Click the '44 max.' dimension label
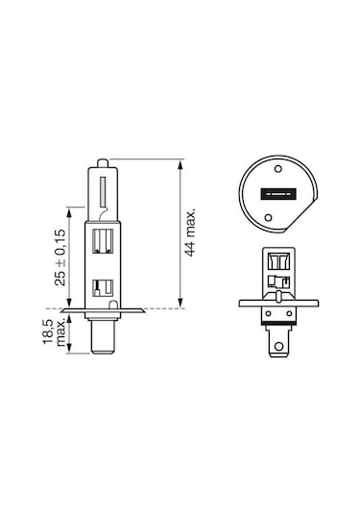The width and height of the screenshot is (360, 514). pos(190,232)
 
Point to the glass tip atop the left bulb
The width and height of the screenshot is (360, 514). pos(102,159)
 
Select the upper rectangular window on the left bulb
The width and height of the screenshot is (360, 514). pos(102,243)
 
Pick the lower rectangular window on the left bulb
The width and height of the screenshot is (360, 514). pos(102,285)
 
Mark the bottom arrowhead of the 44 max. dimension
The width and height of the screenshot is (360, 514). pos(181,303)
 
